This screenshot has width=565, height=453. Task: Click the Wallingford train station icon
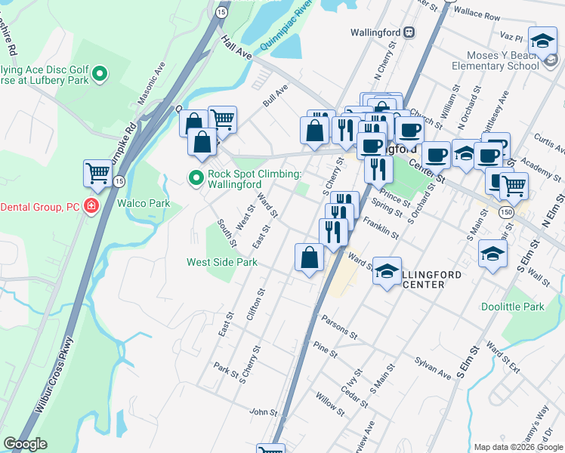pos(409,32)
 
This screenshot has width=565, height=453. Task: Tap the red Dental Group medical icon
pos(91,206)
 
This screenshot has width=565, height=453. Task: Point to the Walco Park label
pos(144,203)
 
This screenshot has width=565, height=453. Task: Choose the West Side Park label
pos(222,262)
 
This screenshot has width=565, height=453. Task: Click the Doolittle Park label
pos(513,307)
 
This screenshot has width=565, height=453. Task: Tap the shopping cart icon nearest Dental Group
pos(97,174)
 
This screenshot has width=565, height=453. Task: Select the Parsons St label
pos(338,326)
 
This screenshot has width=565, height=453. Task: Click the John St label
pos(264,412)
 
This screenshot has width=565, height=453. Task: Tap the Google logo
pos(25,444)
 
